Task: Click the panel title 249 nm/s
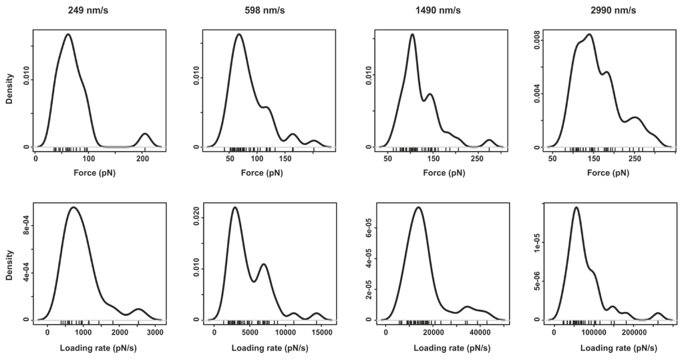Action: [x=98, y=11]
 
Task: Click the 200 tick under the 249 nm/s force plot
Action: [x=142, y=160]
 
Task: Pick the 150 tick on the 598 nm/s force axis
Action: [x=287, y=160]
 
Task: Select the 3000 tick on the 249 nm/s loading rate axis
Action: [x=155, y=332]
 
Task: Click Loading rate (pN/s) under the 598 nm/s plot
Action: [x=267, y=348]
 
